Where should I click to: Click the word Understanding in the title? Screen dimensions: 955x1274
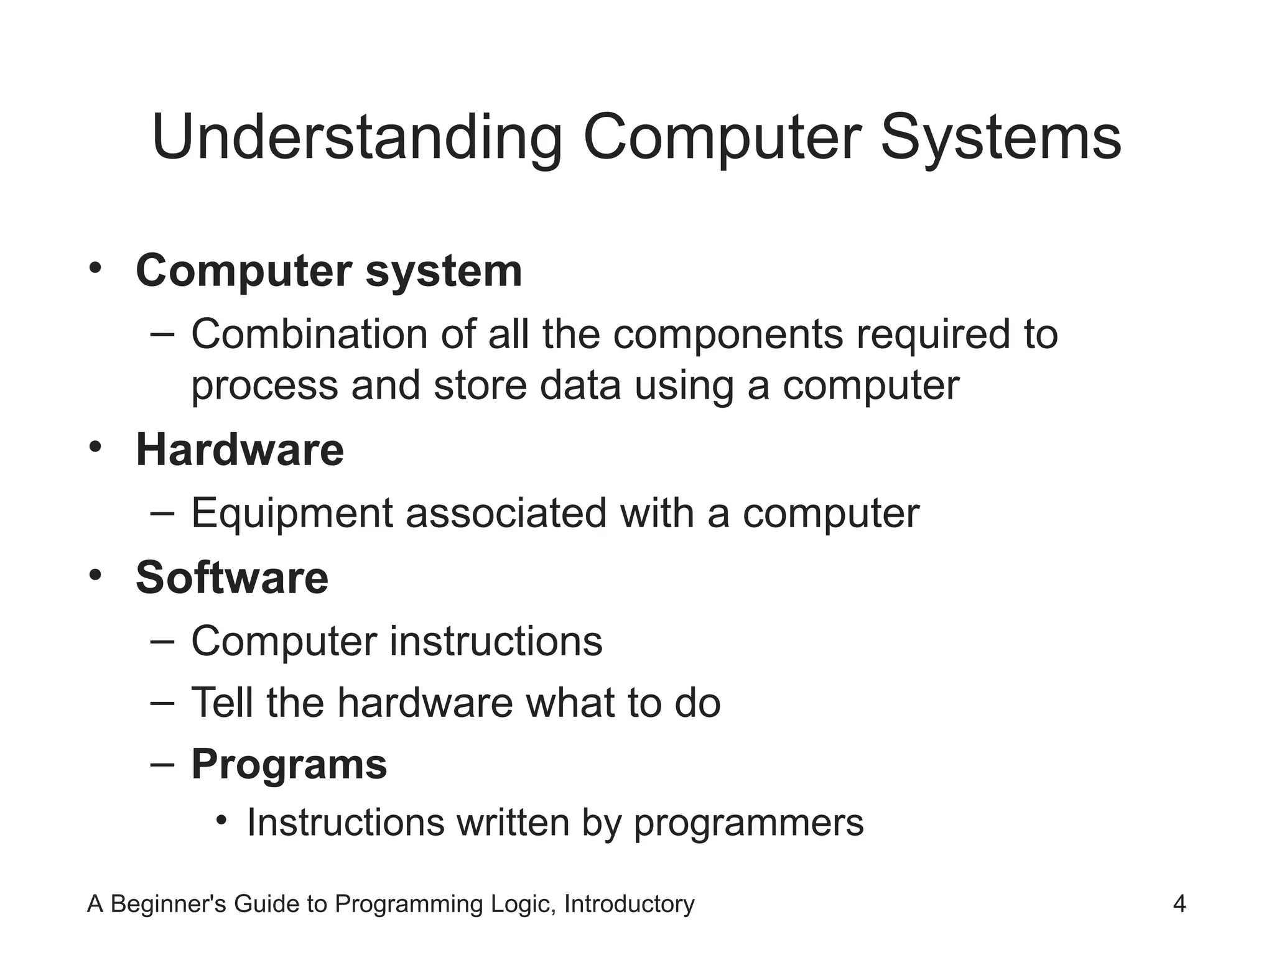click(x=356, y=138)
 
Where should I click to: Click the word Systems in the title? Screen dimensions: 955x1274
click(x=1001, y=138)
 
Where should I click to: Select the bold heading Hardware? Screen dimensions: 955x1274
click(x=239, y=450)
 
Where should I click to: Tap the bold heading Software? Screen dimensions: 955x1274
click(x=231, y=577)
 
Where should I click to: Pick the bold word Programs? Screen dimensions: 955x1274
click(x=289, y=764)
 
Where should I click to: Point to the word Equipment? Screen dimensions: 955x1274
click(x=292, y=514)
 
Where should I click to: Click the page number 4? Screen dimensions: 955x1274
click(x=1179, y=903)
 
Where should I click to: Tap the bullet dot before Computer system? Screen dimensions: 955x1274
click(x=95, y=269)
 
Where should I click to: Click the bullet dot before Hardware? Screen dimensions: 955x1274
click(x=95, y=447)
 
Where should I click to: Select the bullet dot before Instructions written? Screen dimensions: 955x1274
click(x=222, y=821)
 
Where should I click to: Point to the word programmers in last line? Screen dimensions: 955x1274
click(x=748, y=823)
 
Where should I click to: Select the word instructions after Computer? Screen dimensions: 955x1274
click(x=496, y=641)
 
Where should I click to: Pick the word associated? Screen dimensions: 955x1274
click(x=506, y=514)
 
